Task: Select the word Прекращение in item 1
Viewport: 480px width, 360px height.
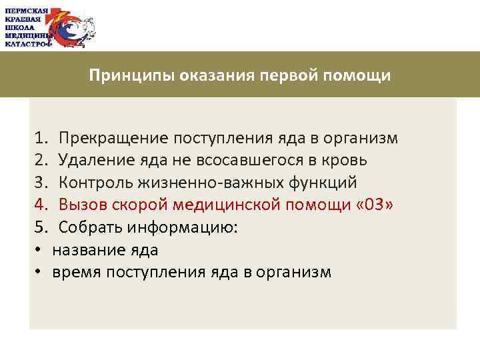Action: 114,138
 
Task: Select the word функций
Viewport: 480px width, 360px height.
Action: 325,183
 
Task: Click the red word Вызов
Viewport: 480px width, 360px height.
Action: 81,205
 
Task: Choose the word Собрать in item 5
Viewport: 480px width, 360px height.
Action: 87,227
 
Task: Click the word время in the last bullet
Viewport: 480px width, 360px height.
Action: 77,273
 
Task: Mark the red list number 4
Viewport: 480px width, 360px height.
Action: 39,205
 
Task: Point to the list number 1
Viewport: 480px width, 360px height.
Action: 39,138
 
